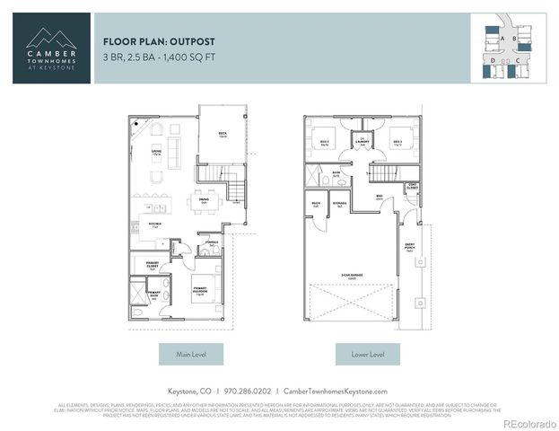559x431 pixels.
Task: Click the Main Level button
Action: click(x=190, y=355)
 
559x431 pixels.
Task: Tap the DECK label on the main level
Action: click(x=222, y=135)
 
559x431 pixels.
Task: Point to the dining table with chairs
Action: click(x=205, y=200)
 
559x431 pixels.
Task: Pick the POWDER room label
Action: click(x=212, y=242)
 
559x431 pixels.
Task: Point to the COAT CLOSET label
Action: click(x=412, y=186)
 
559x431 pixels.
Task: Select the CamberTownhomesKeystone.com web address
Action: click(x=335, y=391)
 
